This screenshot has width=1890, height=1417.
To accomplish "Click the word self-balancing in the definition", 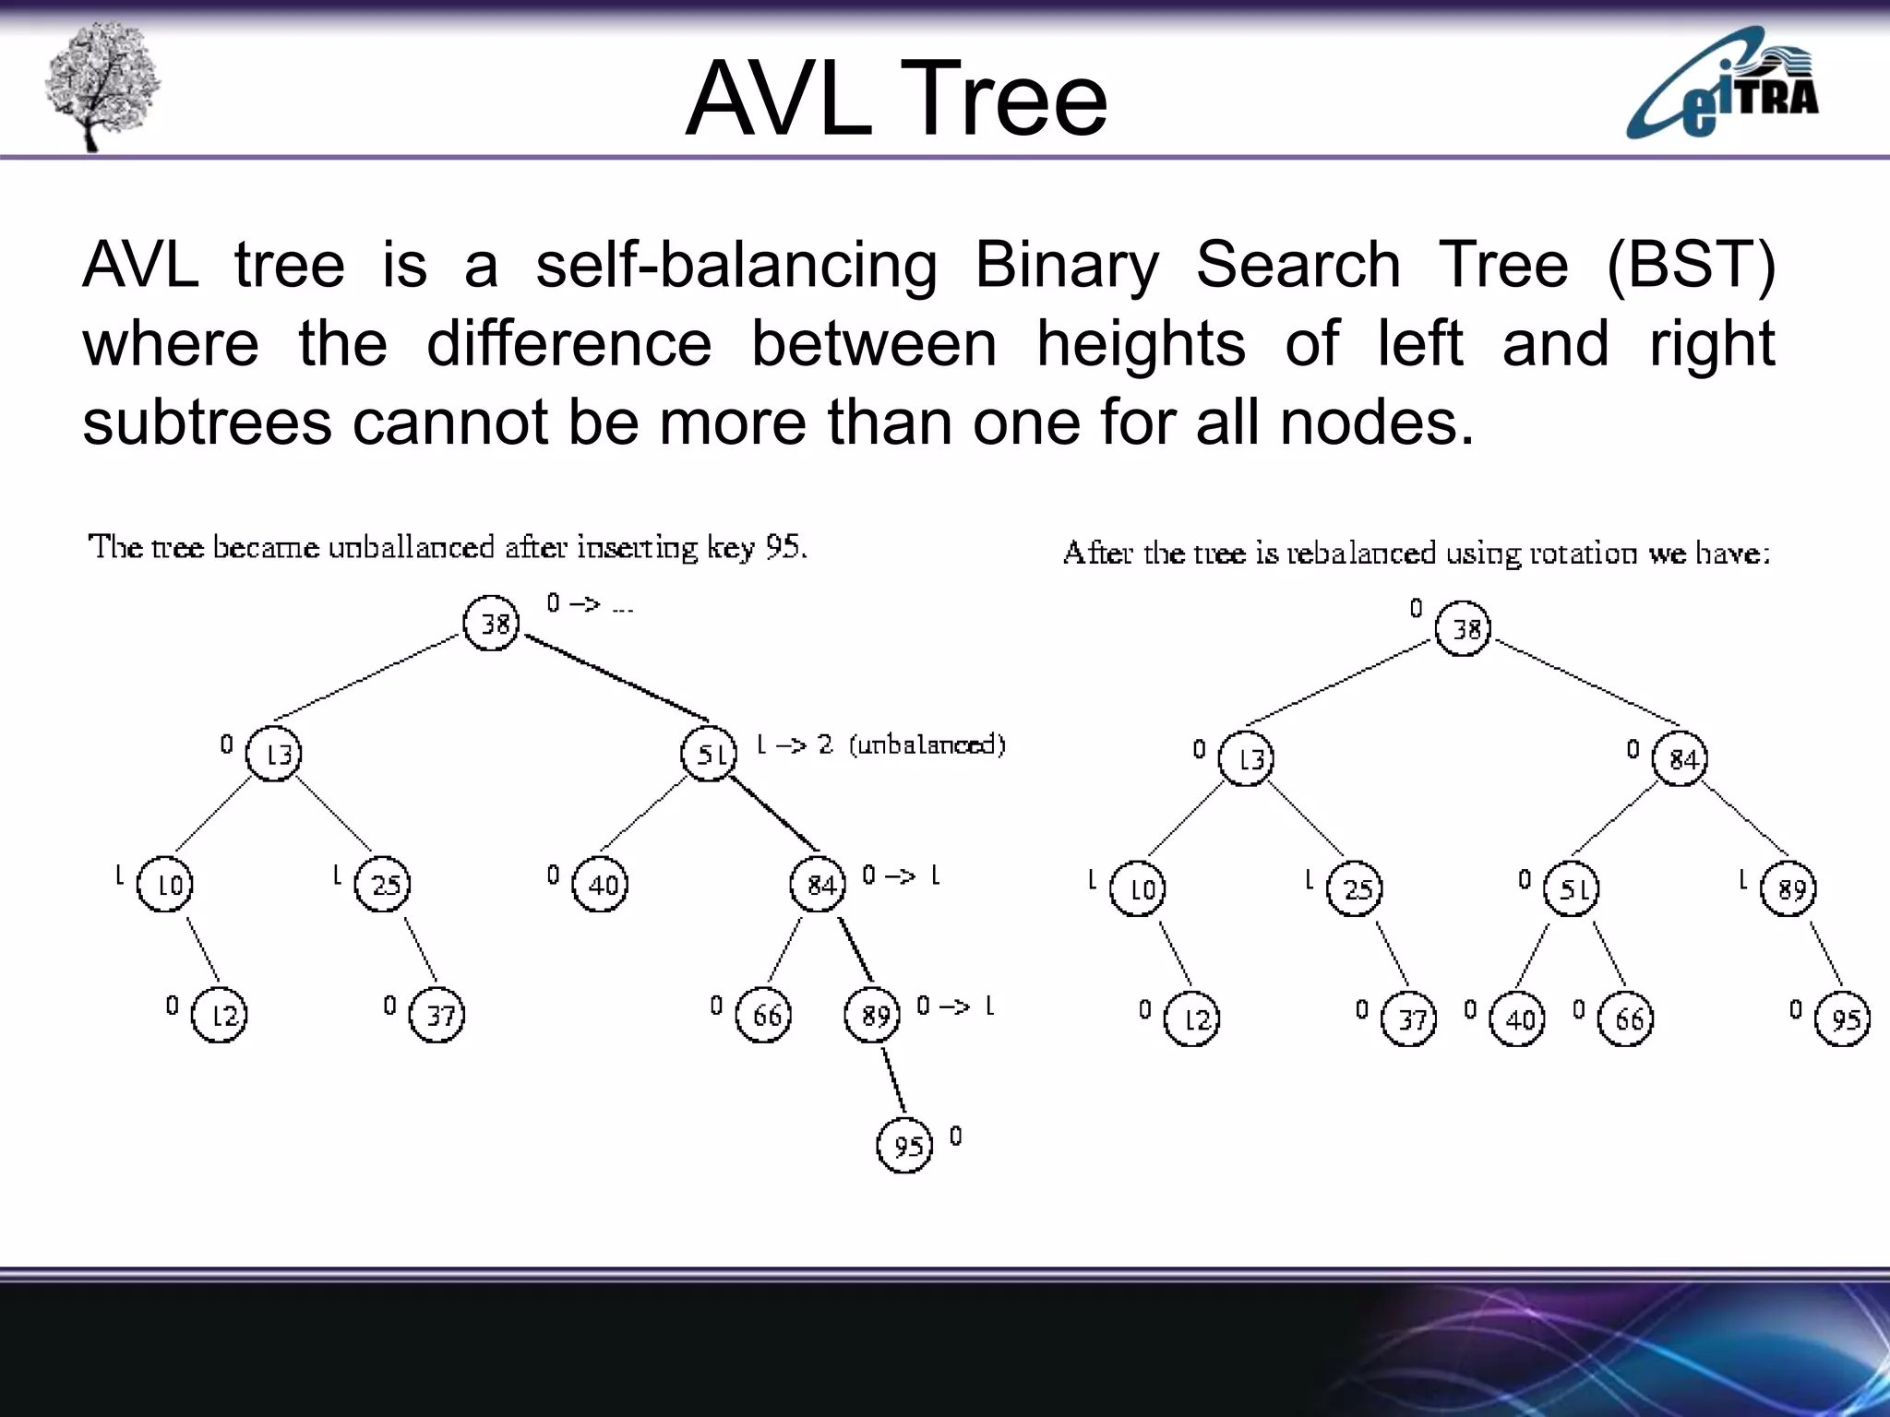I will [736, 266].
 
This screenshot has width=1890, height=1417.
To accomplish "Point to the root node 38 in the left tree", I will [491, 624].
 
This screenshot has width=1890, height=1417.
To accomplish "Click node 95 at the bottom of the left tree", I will [904, 1145].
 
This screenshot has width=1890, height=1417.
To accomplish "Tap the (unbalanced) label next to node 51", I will [926, 744].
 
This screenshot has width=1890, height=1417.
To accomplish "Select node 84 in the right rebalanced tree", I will [1680, 759].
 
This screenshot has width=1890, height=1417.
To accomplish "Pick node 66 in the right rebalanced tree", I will [1626, 1018].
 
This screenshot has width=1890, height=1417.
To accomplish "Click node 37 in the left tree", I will [437, 1015].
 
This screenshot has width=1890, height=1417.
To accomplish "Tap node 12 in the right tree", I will [1191, 1018].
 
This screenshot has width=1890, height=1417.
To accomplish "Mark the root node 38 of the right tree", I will [1463, 629].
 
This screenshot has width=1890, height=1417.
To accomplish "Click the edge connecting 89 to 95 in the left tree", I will [892, 1080].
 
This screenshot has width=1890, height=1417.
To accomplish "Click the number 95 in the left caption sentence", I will [784, 547].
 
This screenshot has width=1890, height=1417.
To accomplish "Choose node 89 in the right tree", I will [1788, 889].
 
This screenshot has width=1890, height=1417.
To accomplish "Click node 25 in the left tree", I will [382, 885].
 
